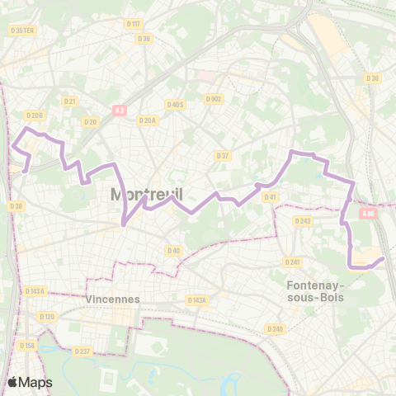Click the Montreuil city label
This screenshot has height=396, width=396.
coord(146,195)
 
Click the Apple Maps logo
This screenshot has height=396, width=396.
coord(30,382)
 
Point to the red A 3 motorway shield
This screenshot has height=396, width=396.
coord(120,109)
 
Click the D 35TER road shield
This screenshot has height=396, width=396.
coord(21,31)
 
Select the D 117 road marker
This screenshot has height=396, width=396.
coord(134,23)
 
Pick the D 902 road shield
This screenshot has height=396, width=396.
coord(214,99)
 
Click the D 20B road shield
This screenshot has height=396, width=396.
coord(34,115)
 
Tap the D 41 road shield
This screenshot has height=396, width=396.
coord(270,196)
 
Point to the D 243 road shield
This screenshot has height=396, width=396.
coord(303,220)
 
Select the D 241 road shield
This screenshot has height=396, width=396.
coord(292,262)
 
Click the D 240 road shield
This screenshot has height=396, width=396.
coord(275,328)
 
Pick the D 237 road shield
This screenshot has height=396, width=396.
coord(82,351)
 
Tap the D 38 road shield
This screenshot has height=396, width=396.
coord(16,206)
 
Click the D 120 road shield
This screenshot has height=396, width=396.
coord(46,317)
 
